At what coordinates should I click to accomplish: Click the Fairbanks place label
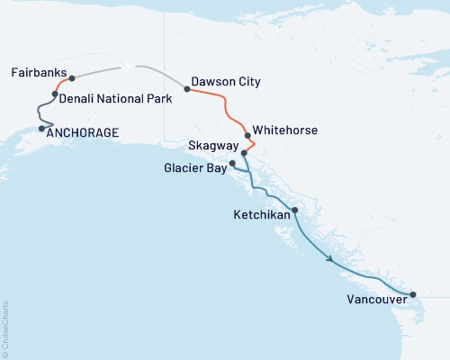[x=39, y=72]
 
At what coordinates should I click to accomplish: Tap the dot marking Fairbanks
[x=72, y=78]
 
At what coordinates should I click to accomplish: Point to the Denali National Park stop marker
[x=56, y=94]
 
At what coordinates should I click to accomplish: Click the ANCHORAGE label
[x=82, y=133]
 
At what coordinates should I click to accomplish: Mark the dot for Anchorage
[x=41, y=129]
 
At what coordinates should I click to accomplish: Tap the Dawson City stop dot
[x=186, y=89]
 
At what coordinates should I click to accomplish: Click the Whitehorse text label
[x=284, y=130]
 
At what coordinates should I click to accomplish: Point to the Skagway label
[x=213, y=147]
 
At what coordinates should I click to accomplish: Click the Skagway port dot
[x=244, y=154]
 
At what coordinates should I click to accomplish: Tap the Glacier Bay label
[x=194, y=167]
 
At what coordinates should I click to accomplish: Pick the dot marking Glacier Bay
[x=233, y=163]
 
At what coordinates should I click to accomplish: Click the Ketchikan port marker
[x=294, y=210]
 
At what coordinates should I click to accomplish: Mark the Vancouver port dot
[x=413, y=294]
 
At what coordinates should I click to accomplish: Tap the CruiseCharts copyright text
[x=5, y=329]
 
